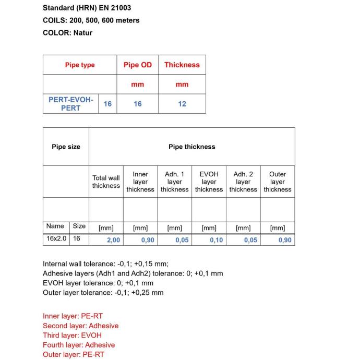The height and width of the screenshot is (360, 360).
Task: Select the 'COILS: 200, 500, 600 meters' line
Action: click(91, 20)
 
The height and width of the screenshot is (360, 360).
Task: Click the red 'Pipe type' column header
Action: click(80, 65)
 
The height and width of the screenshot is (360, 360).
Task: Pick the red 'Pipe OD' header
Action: click(138, 65)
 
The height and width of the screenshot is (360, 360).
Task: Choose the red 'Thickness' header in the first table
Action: click(182, 65)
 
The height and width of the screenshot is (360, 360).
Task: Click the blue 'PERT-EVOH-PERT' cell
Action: click(70, 103)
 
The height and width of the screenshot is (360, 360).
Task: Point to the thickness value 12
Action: click(182, 104)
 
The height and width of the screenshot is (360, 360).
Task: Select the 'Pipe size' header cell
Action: click(66, 147)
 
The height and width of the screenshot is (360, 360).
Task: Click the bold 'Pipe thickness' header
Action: click(191, 147)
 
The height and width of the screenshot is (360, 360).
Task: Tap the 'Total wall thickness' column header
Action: click(106, 182)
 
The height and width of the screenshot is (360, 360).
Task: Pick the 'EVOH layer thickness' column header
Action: click(209, 182)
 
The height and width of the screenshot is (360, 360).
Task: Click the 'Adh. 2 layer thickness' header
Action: click(243, 182)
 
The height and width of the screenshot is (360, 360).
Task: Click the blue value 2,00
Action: click(113, 240)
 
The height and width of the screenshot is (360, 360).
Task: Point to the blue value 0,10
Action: click(216, 240)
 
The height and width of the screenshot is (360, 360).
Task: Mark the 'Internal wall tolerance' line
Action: click(105, 263)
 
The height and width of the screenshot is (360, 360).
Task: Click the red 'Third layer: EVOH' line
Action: click(72, 335)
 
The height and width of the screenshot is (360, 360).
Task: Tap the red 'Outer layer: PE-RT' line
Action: click(74, 354)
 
